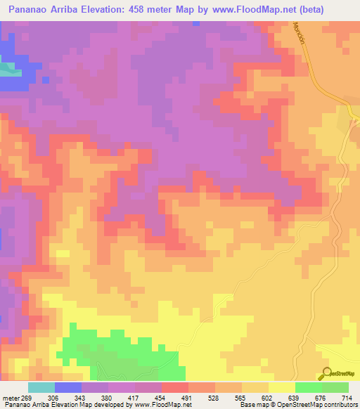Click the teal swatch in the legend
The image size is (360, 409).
(x=41, y=387)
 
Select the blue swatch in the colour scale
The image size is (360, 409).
(x=68, y=387)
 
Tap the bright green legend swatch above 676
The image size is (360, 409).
(x=308, y=387)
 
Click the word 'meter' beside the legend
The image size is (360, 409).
(x=10, y=397)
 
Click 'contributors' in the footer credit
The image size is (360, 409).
(x=337, y=405)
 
